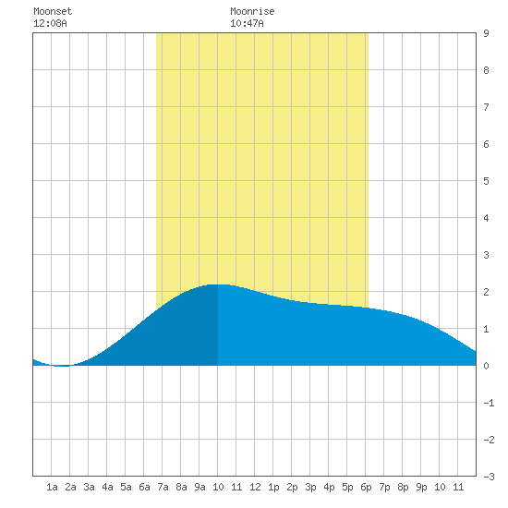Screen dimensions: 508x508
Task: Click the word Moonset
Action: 53,11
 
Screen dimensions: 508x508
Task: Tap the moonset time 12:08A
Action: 50,23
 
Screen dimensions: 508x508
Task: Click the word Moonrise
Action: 252,11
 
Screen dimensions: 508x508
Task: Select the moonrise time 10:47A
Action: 247,23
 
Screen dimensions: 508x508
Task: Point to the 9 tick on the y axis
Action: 486,33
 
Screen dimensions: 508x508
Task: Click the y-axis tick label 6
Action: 486,144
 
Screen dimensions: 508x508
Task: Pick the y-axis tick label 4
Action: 486,218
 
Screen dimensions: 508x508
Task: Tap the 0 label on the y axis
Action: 486,366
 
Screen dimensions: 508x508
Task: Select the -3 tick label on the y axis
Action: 489,477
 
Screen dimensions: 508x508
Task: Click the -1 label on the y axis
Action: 489,403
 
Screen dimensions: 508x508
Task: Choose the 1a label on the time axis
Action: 52,487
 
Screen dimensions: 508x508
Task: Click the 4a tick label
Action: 107,487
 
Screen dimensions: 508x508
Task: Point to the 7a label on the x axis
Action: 163,487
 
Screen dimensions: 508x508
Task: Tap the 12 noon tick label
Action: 255,487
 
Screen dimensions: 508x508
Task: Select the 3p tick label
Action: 310,487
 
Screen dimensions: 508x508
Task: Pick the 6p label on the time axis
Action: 366,487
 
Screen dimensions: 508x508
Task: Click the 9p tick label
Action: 421,487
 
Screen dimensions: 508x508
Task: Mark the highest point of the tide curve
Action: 219,284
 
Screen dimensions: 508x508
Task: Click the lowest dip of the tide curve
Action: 62,366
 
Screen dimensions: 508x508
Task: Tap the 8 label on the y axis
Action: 486,70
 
